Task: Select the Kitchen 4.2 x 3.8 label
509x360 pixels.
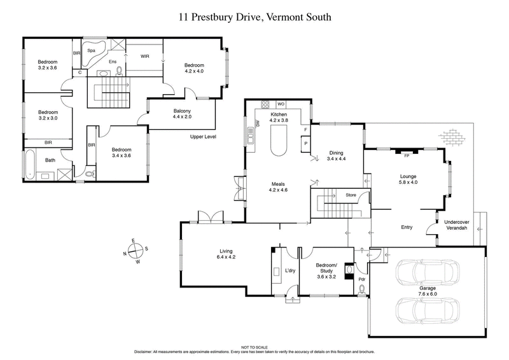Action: (x=279, y=116)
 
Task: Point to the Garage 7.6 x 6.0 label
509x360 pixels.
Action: (x=427, y=292)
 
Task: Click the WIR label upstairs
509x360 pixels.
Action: (x=144, y=57)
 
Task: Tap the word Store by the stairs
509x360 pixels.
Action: (x=351, y=195)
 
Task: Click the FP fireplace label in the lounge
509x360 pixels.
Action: (x=407, y=155)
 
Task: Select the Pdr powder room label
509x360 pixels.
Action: (x=361, y=278)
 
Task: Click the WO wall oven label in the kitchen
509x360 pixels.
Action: (x=281, y=104)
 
